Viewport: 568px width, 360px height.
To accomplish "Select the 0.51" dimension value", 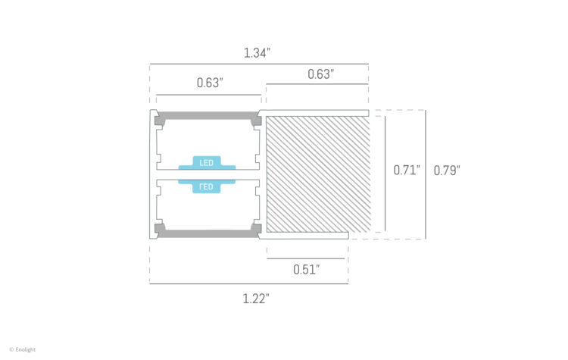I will point(306,269).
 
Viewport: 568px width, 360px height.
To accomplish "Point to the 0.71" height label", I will point(406,171).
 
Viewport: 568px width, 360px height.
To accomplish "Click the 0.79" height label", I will point(447,171).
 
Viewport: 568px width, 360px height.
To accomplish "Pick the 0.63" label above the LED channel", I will point(209,83).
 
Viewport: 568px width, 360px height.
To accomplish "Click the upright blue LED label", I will point(207,163).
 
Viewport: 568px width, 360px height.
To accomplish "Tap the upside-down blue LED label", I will point(207,186).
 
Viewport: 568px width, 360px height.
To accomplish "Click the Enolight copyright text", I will point(23,349).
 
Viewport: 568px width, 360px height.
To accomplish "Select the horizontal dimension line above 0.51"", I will point(307,258).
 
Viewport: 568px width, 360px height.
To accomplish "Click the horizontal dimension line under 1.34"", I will point(258,64).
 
